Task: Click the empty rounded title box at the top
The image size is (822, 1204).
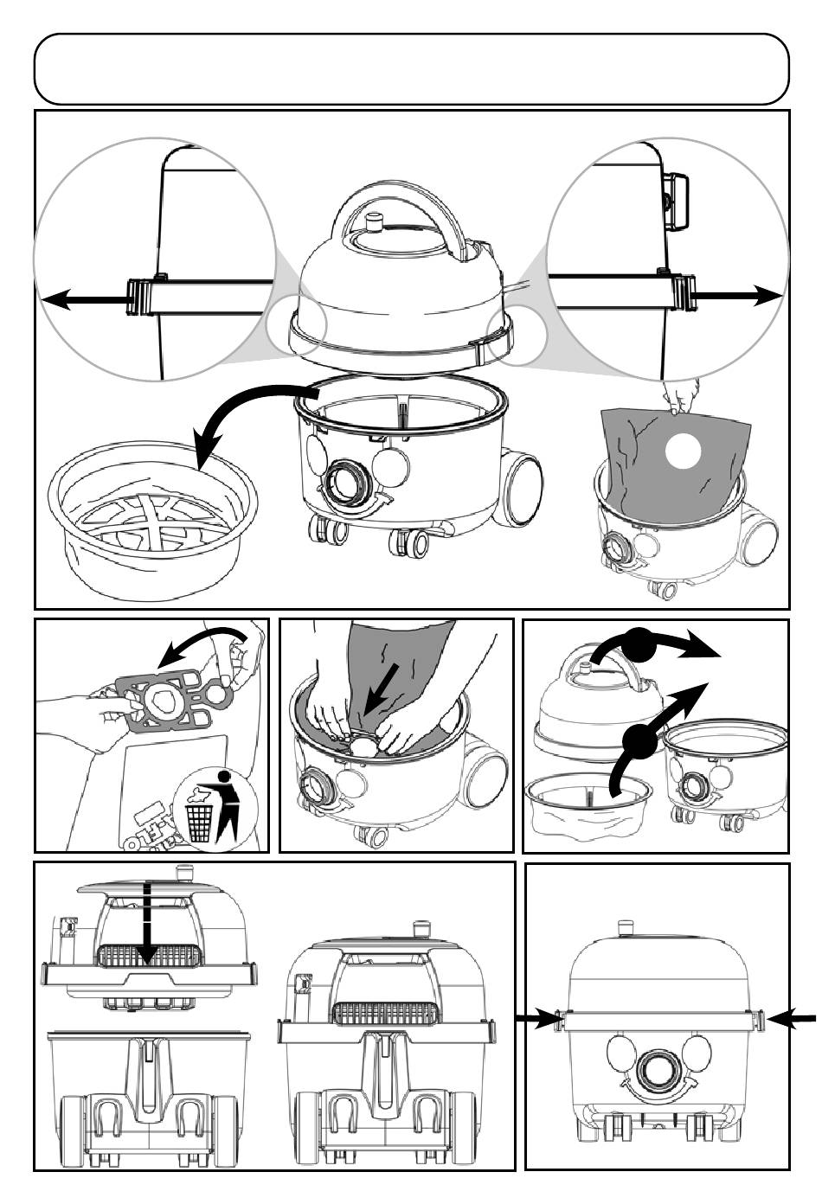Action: (x=411, y=69)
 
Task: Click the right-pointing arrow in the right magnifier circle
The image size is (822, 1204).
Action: (x=735, y=296)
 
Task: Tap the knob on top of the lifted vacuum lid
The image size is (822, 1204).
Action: (x=375, y=223)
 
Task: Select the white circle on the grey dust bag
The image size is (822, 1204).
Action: (x=682, y=450)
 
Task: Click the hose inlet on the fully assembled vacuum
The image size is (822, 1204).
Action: (x=659, y=1073)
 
